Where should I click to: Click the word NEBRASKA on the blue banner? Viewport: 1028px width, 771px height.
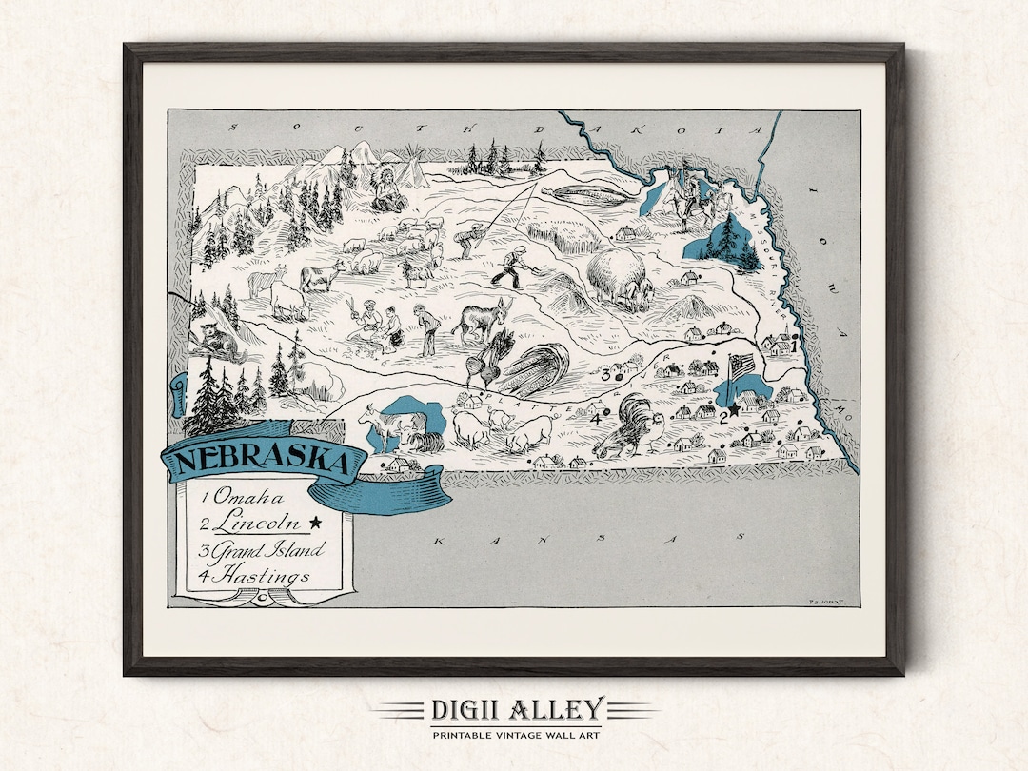pyautogui.click(x=261, y=461)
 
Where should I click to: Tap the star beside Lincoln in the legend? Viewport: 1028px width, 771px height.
pyautogui.click(x=315, y=523)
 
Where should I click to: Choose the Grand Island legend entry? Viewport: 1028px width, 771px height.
pyautogui.click(x=263, y=550)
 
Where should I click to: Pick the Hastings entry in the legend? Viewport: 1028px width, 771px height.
pyautogui.click(x=253, y=576)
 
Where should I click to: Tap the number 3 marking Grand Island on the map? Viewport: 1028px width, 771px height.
pyautogui.click(x=604, y=374)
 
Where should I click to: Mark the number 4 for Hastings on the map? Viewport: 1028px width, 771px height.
pyautogui.click(x=596, y=419)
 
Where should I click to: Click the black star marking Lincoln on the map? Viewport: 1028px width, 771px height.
pyautogui.click(x=735, y=408)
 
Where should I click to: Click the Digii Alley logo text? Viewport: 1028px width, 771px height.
pyautogui.click(x=515, y=710)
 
